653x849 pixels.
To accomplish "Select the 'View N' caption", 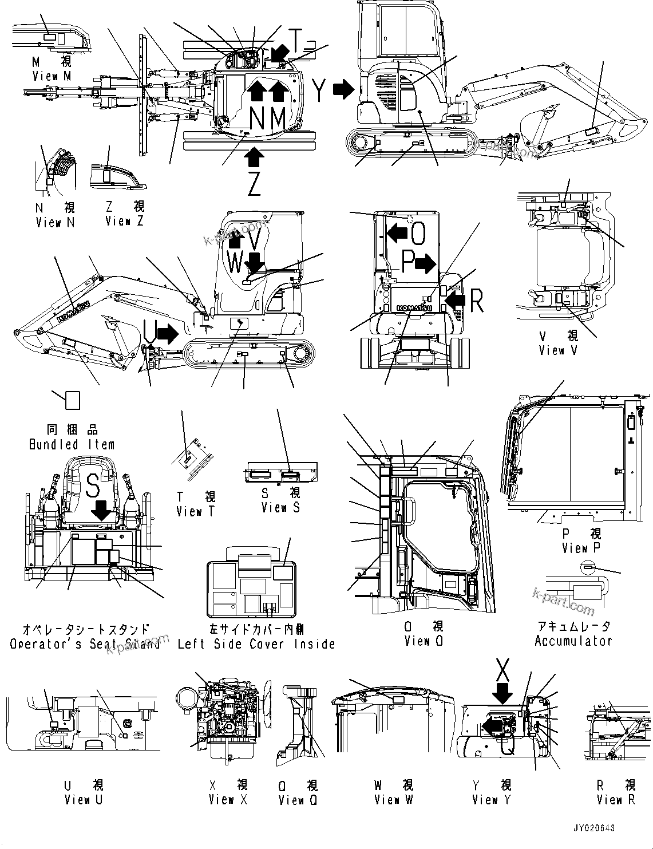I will (55, 222).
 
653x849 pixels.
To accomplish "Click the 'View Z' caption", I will (125, 220).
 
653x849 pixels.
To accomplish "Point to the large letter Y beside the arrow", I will (319, 90).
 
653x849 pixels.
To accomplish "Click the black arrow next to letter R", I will (455, 298).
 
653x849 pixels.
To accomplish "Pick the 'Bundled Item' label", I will (72, 444).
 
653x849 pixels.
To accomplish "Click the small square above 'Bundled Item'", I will (72, 400).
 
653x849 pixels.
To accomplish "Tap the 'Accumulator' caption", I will (573, 641).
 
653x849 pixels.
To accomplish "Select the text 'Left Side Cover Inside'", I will (256, 644).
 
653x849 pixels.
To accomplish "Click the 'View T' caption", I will (196, 511).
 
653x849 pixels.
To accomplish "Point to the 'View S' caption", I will (280, 507).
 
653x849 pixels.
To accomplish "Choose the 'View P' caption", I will (581, 548).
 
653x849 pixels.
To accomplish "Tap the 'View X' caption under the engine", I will (228, 799).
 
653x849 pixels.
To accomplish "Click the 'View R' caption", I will (616, 799).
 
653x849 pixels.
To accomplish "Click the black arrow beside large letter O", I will (397, 232).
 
